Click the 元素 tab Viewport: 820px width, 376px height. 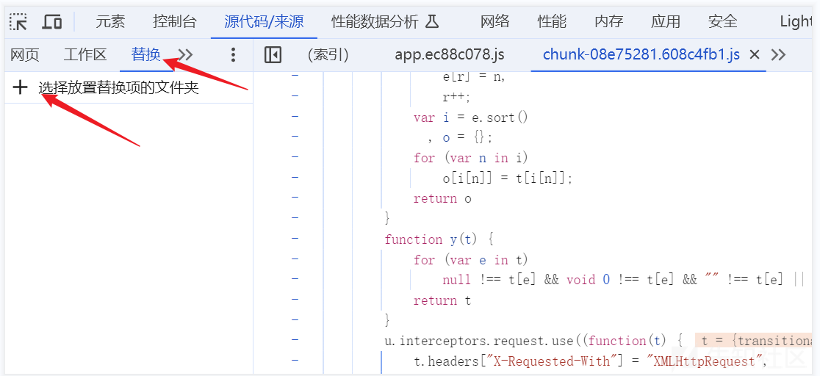pyautogui.click(x=110, y=21)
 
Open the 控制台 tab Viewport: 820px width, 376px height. pyautogui.click(x=175, y=21)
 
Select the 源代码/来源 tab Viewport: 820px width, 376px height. pyautogui.click(x=264, y=21)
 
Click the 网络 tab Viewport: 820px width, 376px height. pyautogui.click(x=494, y=21)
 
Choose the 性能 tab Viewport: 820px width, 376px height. pyautogui.click(x=552, y=21)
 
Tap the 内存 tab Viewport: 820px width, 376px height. pyautogui.click(x=608, y=21)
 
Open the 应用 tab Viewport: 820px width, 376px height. pyautogui.click(x=666, y=21)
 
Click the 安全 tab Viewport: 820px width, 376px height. pyautogui.click(x=722, y=21)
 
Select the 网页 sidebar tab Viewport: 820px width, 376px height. pyautogui.click(x=25, y=54)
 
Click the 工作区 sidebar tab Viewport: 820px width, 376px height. pyautogui.click(x=85, y=54)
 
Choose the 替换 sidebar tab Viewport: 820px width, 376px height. pyautogui.click(x=145, y=54)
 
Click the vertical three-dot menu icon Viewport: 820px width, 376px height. pyautogui.click(x=233, y=55)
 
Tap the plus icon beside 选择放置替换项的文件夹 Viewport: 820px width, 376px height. pyautogui.click(x=21, y=88)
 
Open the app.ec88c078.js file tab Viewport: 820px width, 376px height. pyautogui.click(x=449, y=55)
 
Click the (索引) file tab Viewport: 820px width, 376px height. pyautogui.click(x=328, y=55)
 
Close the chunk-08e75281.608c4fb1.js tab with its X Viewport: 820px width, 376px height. pyautogui.click(x=754, y=55)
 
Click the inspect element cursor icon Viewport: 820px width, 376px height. pyautogui.click(x=18, y=21)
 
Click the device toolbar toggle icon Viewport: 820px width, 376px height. pyautogui.click(x=52, y=21)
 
